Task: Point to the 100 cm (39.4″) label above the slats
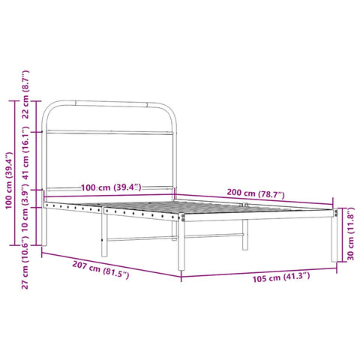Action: click(x=105, y=187)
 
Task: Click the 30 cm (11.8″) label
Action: click(x=350, y=235)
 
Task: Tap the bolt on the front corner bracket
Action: click(x=184, y=218)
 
